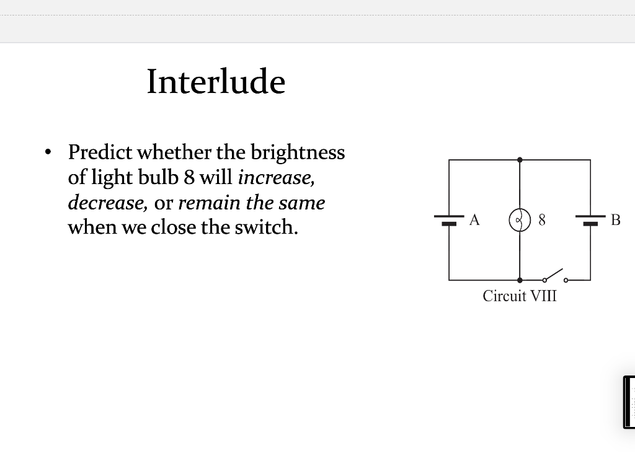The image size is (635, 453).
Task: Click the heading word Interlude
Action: click(x=216, y=81)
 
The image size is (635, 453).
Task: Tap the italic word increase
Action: click(x=276, y=178)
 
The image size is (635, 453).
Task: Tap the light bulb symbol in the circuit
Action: click(x=519, y=219)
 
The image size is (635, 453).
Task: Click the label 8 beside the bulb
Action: click(x=543, y=219)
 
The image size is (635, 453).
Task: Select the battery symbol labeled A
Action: click(x=449, y=219)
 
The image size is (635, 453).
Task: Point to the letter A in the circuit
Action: click(x=474, y=219)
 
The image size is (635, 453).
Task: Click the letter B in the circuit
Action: click(x=615, y=219)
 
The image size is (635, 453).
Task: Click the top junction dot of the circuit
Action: click(x=520, y=160)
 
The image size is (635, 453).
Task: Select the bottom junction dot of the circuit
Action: click(x=520, y=279)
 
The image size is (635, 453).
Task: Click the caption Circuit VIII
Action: click(x=520, y=296)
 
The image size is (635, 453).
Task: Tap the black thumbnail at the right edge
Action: click(x=629, y=402)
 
